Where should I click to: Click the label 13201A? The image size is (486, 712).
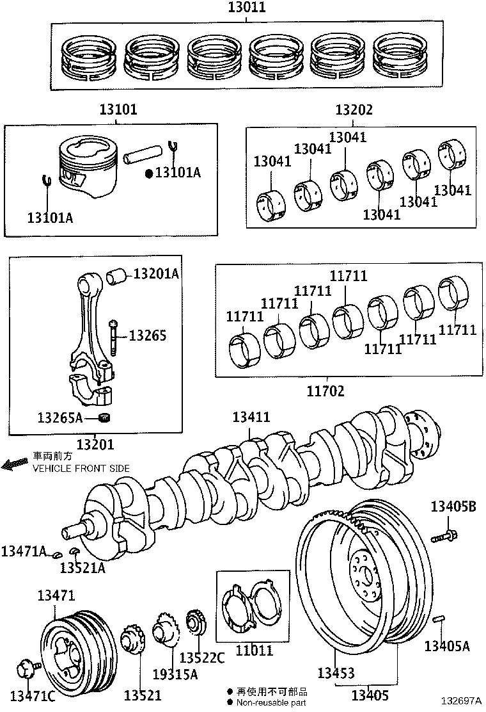(x=156, y=274)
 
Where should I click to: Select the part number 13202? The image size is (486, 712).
(x=354, y=109)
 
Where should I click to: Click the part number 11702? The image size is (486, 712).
(x=325, y=390)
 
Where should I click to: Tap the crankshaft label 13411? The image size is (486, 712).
(x=251, y=417)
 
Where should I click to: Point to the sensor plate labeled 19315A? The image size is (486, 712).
(x=165, y=631)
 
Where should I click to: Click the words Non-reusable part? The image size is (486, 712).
(x=271, y=702)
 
